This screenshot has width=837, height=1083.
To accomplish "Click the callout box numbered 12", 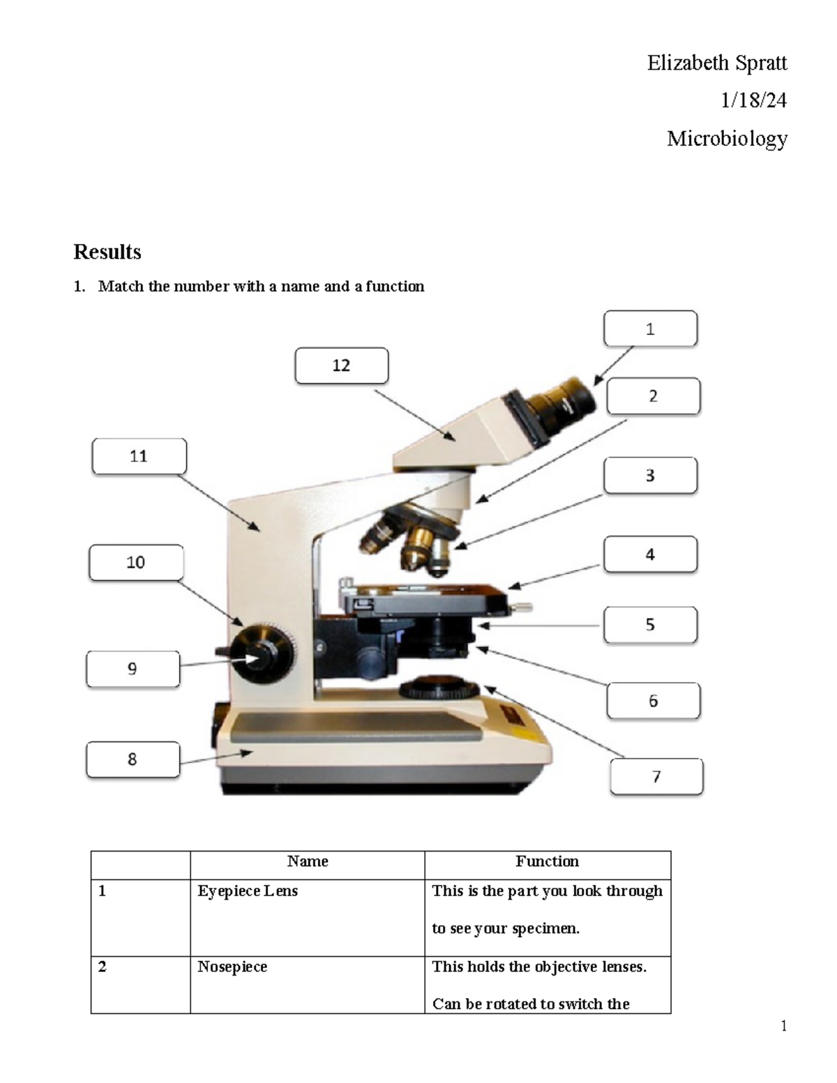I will tap(341, 365).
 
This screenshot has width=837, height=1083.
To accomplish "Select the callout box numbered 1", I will tap(650, 328).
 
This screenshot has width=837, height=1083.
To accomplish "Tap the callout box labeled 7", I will tap(656, 776).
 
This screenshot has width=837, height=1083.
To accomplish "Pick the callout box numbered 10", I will tap(136, 562).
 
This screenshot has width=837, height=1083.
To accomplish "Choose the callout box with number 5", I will tap(650, 624).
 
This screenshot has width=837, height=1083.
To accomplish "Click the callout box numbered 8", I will tap(133, 759).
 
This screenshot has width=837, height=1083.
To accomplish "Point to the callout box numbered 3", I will tap(650, 476).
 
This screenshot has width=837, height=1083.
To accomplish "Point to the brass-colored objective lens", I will tap(418, 543).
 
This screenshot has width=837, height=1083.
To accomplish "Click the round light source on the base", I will tap(439, 688).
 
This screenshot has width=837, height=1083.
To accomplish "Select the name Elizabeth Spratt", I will tap(716, 63).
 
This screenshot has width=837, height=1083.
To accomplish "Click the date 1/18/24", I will tap(753, 100).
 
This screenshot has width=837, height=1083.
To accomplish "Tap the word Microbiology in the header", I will tap(727, 138).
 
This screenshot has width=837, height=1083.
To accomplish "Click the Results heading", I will tap(107, 252).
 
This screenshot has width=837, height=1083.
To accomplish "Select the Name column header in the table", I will tap(307, 861).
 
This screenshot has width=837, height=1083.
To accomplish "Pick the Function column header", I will tap(547, 861).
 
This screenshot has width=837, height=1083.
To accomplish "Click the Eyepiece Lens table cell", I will tap(248, 891).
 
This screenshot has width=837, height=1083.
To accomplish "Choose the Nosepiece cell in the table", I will tap(232, 967).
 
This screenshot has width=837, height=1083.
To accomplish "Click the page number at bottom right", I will tap(783, 1025).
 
